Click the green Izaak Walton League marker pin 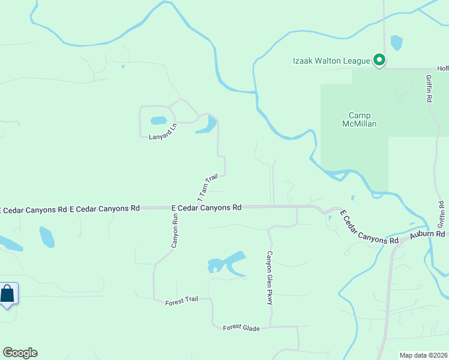pyautogui.click(x=379, y=60)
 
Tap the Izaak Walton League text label pyautogui.click(x=331, y=61)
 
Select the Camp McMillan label pyautogui.click(x=360, y=120)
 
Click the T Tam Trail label pyautogui.click(x=207, y=188)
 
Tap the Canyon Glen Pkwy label pyautogui.click(x=270, y=277)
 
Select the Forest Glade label pyautogui.click(x=240, y=327)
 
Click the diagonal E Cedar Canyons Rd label pyautogui.click(x=369, y=227)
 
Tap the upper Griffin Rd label pyautogui.click(x=429, y=89)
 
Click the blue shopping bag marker pyautogui.click(x=7, y=294)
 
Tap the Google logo pyautogui.click(x=20, y=353)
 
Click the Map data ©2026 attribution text pyautogui.click(x=423, y=355)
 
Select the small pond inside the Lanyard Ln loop pyautogui.click(x=158, y=120)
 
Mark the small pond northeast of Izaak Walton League pyautogui.click(x=396, y=43)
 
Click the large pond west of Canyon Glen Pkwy pyautogui.click(x=227, y=262)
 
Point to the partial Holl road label pyautogui.click(x=442, y=68)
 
